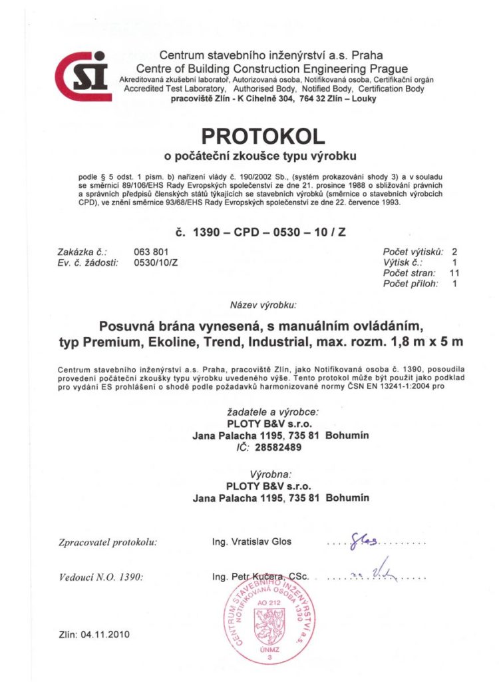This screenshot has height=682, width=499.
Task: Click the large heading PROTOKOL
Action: [x=263, y=137]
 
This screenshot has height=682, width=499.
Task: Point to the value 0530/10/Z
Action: [x=156, y=263]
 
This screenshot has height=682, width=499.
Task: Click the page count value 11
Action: [x=455, y=273]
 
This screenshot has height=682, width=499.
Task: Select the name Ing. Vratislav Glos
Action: [x=251, y=541]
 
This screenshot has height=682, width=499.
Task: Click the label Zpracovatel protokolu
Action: [x=108, y=542]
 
